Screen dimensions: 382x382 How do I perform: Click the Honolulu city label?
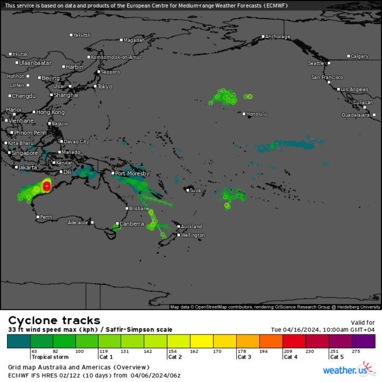click(x=256, y=114)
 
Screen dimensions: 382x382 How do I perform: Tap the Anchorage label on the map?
click(x=278, y=37)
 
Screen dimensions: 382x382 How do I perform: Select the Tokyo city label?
click(x=105, y=87)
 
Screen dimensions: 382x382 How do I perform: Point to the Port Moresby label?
click(x=132, y=174)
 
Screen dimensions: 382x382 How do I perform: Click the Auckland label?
click(x=192, y=226)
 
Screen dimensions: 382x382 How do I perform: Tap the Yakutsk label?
click(x=82, y=35)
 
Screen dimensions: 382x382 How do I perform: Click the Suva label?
click(x=195, y=190)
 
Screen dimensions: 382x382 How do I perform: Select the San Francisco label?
click(x=327, y=77)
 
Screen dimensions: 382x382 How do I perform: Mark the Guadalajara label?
click(x=356, y=115)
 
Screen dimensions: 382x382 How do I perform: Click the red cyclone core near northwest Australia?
click(x=46, y=187)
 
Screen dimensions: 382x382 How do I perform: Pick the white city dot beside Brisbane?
click(x=127, y=208)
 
